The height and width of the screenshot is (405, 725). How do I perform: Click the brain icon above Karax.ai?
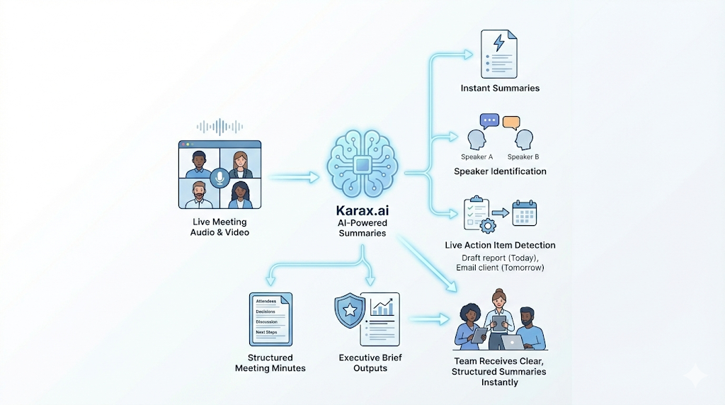click(x=362, y=164)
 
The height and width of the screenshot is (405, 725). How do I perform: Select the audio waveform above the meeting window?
click(x=219, y=127)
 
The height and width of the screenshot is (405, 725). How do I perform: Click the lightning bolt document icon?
click(x=498, y=53)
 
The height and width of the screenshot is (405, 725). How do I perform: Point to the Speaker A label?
click(x=478, y=156)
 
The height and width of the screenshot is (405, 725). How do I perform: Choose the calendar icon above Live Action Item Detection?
click(x=525, y=213)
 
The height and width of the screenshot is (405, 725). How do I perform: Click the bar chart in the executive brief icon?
click(x=383, y=307)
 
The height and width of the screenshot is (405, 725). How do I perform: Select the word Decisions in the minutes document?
click(x=267, y=311)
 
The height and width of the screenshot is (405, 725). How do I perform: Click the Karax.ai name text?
click(x=362, y=211)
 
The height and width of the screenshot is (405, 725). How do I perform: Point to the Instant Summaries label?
click(x=500, y=89)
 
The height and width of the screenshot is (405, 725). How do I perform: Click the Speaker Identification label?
click(x=500, y=171)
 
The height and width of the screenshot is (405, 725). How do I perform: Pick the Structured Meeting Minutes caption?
click(x=270, y=363)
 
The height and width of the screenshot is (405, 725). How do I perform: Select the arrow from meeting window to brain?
click(x=294, y=178)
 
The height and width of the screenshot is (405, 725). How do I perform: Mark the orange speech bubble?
click(x=511, y=122)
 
